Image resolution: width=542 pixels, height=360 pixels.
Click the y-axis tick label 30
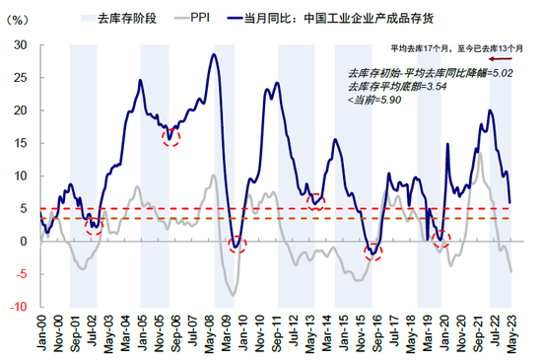pyautogui.click(x=20, y=44)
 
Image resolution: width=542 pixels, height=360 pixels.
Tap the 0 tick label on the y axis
pyautogui.click(x=23, y=241)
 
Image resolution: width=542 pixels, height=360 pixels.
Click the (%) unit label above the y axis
pyautogui.click(x=17, y=18)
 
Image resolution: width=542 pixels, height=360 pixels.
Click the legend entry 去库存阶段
pyautogui.click(x=121, y=18)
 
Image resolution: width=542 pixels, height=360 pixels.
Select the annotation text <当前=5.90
pyautogui.click(x=375, y=101)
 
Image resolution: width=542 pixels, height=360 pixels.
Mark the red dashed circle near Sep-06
pyautogui.click(x=171, y=135)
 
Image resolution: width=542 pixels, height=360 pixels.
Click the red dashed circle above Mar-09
pyautogui.click(x=236, y=244)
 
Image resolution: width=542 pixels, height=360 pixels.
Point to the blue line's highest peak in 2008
pyautogui.click(x=214, y=53)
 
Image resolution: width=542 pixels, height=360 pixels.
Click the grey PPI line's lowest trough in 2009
pyautogui.click(x=234, y=294)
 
